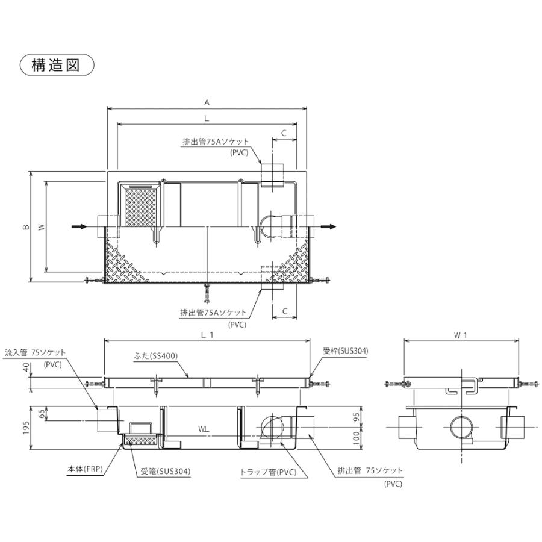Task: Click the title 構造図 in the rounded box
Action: coord(57,65)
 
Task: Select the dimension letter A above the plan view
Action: coord(207,102)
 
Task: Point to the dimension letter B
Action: coord(25,227)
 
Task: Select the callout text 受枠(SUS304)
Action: coord(344,350)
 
